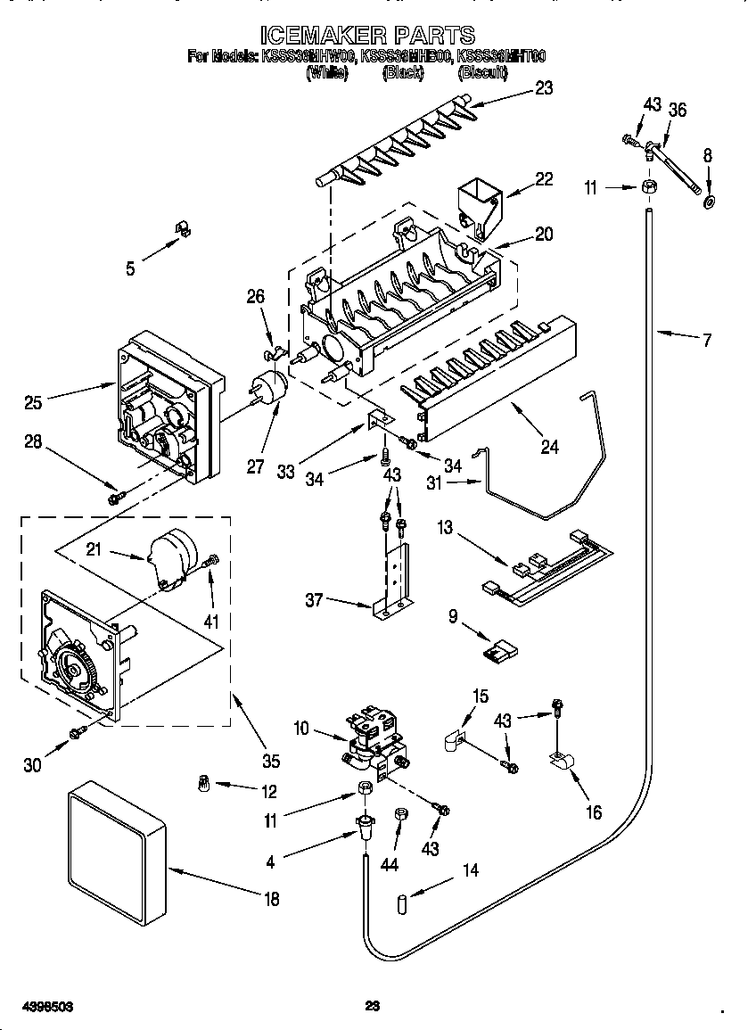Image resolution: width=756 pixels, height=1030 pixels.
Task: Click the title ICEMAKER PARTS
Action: tap(367, 36)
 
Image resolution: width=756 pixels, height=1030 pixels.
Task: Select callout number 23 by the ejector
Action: tap(543, 87)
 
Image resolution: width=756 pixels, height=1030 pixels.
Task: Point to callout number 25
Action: tap(33, 403)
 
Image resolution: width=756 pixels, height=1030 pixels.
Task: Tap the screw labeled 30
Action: tap(78, 732)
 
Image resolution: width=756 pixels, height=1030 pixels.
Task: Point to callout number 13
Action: tap(444, 528)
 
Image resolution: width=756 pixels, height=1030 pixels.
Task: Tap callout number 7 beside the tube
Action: tap(707, 340)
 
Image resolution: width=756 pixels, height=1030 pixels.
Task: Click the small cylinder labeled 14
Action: tap(402, 905)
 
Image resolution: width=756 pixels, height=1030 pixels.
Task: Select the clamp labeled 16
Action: tap(562, 760)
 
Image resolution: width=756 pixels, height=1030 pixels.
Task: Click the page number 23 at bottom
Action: tap(374, 1007)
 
